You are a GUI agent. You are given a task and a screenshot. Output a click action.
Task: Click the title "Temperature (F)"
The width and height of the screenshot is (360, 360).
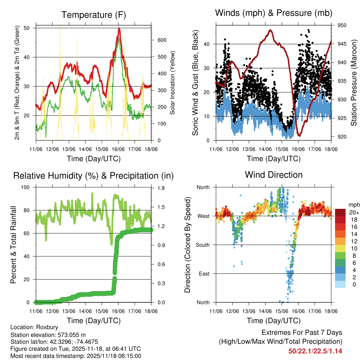click(x=94, y=15)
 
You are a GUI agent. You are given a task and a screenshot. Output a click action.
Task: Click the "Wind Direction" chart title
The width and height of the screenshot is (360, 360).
click(x=274, y=175)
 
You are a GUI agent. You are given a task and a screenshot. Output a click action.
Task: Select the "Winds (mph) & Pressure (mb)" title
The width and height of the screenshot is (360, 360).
click(x=274, y=13)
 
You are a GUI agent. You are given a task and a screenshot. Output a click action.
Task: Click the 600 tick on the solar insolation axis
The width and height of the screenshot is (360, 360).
click(x=162, y=40)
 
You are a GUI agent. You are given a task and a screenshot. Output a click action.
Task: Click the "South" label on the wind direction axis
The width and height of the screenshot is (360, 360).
click(x=203, y=245)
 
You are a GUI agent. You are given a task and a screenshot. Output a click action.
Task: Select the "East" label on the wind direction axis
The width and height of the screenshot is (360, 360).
click(x=204, y=274)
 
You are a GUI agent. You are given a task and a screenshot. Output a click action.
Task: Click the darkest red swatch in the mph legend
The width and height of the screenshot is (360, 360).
click(x=341, y=212)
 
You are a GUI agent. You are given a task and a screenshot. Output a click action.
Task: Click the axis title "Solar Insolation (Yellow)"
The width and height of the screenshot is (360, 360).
click(x=173, y=83)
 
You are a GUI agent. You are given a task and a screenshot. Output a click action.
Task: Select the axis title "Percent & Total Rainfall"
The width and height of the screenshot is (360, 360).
click(x=14, y=245)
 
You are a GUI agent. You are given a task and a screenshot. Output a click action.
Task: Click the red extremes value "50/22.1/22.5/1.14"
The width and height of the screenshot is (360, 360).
click(x=315, y=351)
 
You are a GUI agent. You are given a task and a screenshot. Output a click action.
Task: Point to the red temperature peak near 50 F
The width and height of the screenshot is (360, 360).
click(x=119, y=29)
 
